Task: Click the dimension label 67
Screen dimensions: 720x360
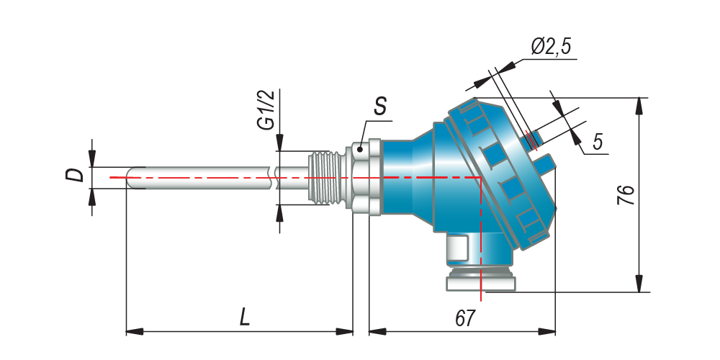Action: [464, 318]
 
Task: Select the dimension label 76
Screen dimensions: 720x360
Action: [626, 195]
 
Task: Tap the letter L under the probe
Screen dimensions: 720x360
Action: [245, 318]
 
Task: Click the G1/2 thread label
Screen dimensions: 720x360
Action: [266, 111]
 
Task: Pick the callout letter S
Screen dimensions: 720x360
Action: [379, 107]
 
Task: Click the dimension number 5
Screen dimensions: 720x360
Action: [597, 142]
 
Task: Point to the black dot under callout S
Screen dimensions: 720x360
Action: [360, 149]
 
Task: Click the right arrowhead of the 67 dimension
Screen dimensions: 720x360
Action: [546, 331]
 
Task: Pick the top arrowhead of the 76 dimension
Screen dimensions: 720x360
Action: [639, 107]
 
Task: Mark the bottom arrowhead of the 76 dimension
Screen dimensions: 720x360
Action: [639, 283]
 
